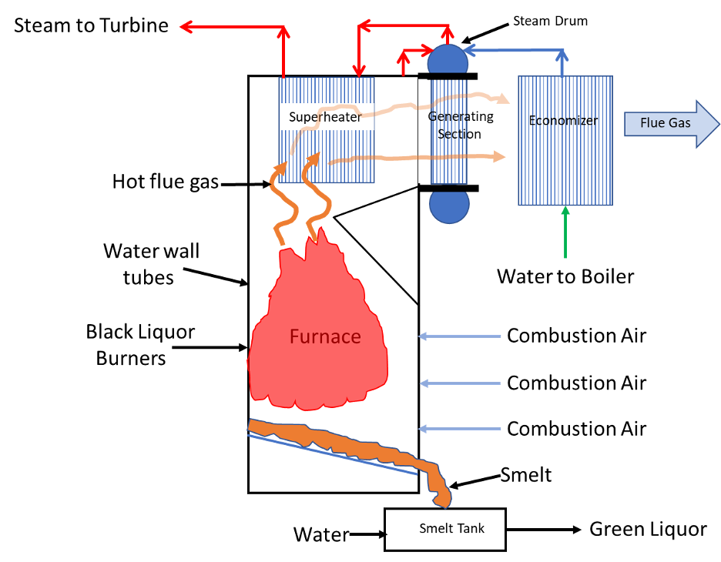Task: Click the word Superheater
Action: click(x=325, y=117)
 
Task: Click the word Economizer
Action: click(x=563, y=121)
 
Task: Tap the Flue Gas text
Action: click(x=666, y=123)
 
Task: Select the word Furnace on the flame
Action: click(x=325, y=337)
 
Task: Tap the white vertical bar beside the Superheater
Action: click(x=422, y=131)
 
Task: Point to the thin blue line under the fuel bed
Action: click(x=331, y=455)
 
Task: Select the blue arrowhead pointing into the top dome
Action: click(x=468, y=50)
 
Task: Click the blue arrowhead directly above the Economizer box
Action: click(x=562, y=54)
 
